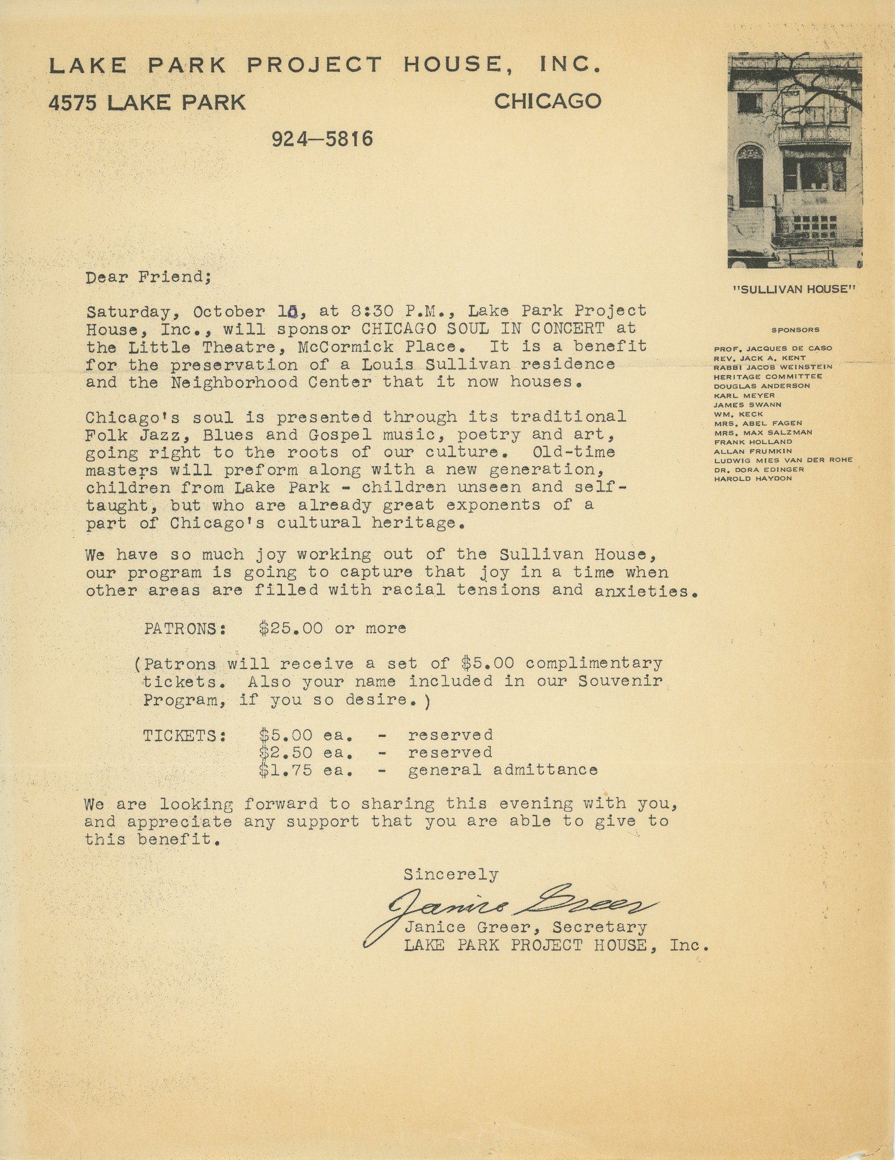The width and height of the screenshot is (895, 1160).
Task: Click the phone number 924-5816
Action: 322,139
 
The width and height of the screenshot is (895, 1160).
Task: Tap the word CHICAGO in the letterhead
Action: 547,101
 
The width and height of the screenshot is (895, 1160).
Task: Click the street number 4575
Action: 73,103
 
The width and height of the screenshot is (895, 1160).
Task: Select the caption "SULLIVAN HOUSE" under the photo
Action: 795,289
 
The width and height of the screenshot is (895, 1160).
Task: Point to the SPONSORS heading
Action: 795,330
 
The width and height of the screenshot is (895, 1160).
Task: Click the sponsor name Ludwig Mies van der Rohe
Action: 783,460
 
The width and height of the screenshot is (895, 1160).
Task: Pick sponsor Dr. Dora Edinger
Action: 759,469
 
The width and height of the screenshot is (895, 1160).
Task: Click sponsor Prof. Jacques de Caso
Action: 773,348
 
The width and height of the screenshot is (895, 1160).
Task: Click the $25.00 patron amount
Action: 290,628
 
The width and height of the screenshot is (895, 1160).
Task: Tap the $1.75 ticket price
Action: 285,770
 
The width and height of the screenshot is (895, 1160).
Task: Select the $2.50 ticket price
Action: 285,753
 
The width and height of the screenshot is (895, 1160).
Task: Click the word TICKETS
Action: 184,736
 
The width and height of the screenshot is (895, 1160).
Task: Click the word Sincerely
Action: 451,875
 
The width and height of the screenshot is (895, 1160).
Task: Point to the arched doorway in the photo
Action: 751,176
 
